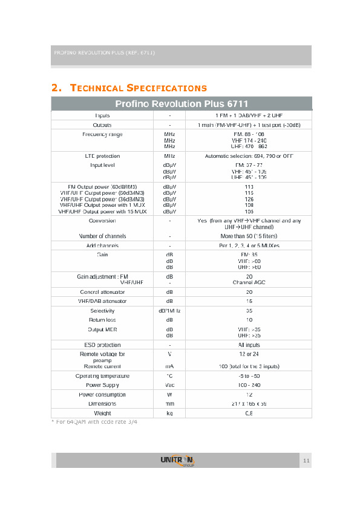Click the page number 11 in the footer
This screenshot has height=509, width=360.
click(306, 462)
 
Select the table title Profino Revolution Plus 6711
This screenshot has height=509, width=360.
click(182, 104)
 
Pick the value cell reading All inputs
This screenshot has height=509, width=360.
click(249, 345)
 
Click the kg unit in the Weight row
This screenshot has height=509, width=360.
click(170, 413)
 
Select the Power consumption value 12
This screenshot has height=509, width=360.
click(249, 394)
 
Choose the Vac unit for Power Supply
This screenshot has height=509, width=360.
click(170, 384)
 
